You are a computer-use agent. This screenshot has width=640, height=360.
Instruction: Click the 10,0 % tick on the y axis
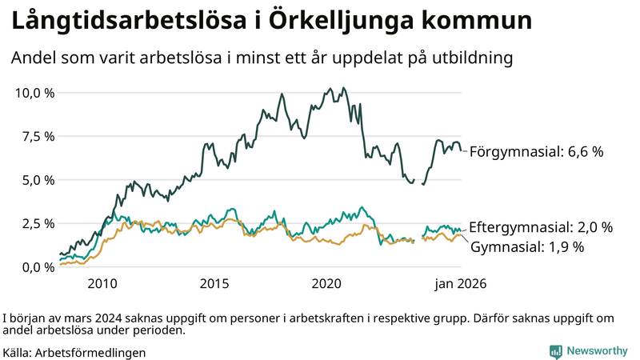tap(34, 93)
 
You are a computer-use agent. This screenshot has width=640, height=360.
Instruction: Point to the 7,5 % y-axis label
tap(38, 136)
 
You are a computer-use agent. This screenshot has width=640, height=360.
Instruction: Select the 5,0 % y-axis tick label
tap(38, 180)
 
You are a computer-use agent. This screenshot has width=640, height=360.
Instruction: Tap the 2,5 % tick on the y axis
tap(38, 223)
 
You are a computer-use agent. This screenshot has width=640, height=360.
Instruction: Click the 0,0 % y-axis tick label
tap(38, 266)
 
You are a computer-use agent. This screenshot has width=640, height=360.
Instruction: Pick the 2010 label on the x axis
tap(102, 284)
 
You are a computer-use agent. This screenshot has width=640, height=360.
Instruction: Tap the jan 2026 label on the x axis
tap(460, 284)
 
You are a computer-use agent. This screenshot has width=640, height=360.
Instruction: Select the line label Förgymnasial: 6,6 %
tap(535, 151)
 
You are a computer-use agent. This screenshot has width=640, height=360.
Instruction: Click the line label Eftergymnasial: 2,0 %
tap(541, 227)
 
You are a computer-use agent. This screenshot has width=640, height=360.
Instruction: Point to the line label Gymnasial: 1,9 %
tap(527, 247)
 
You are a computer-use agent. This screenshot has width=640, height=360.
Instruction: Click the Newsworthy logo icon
tap(555, 351)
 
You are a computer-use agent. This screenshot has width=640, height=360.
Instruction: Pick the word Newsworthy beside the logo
tap(597, 351)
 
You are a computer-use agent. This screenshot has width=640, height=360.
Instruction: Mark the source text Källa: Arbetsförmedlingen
tap(74, 351)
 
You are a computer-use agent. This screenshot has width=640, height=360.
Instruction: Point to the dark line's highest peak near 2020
tap(343, 88)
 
